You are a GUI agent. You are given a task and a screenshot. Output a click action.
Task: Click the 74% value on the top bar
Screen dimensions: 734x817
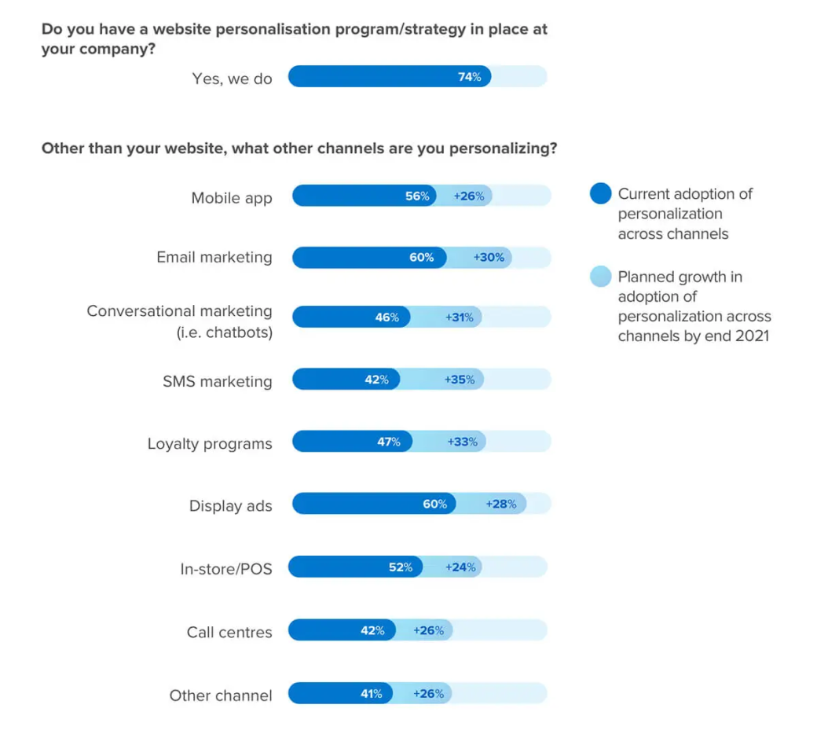pos(469,77)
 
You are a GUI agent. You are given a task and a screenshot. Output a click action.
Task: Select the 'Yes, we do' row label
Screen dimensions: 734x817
pos(232,79)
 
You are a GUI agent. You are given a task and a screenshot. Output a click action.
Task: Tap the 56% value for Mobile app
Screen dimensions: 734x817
pos(417,196)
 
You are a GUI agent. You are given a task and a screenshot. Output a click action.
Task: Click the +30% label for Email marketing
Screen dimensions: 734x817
pos(489,258)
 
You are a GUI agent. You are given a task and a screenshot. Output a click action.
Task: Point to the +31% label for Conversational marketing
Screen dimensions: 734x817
pos(459,317)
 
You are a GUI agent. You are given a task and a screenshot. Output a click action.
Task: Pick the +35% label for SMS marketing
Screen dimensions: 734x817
pos(460,380)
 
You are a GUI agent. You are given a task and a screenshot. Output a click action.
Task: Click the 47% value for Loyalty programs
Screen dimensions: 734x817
pos(388,442)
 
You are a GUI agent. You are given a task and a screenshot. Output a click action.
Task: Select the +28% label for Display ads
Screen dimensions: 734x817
pos(501,505)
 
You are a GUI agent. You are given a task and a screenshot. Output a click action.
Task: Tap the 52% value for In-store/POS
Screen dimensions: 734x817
pos(400,567)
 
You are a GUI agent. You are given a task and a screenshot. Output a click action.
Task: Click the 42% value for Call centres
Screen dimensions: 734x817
pos(372,630)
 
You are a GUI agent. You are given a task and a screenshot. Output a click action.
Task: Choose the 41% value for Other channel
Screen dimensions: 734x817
pos(371,694)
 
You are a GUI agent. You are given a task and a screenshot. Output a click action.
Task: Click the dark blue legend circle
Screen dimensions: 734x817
pos(600,193)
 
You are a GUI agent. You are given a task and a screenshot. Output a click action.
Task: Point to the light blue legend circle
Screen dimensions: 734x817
pos(600,277)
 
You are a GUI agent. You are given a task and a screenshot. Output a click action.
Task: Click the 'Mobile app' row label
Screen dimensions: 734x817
pos(232,198)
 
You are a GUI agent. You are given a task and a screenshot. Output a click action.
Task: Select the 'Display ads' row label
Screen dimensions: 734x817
pos(230,506)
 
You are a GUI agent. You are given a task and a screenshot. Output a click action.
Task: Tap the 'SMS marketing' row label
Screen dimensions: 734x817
pos(217,382)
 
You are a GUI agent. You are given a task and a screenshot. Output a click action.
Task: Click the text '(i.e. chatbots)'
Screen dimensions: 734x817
pos(224,332)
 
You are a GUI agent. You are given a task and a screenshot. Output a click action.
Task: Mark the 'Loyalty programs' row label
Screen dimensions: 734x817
pos(210,444)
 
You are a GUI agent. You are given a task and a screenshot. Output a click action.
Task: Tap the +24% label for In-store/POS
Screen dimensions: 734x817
pos(460,567)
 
